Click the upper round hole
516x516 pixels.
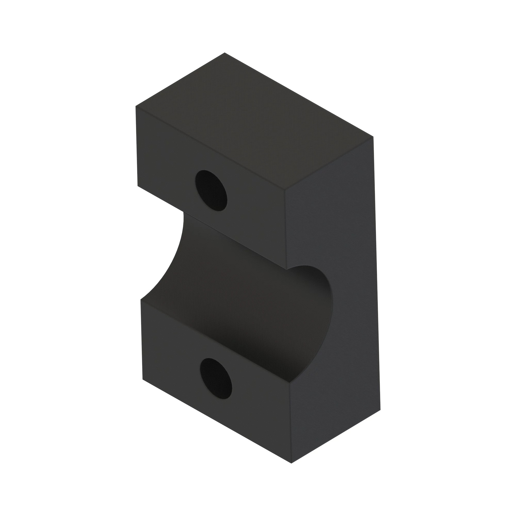211,190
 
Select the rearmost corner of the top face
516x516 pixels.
224,53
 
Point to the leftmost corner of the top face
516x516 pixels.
136,106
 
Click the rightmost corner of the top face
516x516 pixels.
373,137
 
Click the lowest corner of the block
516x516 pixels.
291,463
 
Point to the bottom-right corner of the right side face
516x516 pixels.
380,410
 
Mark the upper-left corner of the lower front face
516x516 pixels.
141,299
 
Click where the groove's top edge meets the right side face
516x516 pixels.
287,269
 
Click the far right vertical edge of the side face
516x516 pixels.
377,272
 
